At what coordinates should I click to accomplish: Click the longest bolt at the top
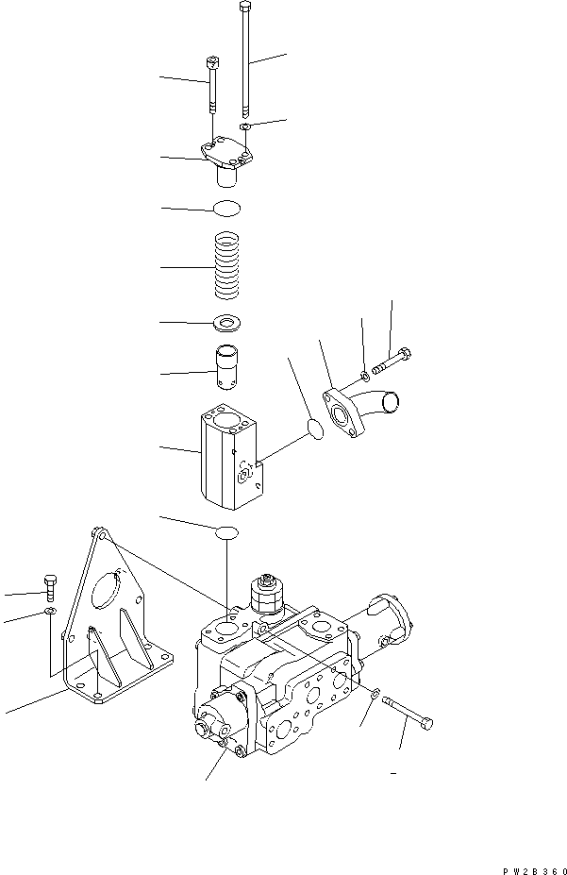point(247,57)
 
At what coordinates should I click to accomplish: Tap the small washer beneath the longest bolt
point(244,126)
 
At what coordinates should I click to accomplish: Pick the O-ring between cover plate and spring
point(226,208)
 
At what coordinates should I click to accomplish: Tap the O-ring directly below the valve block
point(227,533)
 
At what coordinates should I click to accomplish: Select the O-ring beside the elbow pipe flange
point(317,429)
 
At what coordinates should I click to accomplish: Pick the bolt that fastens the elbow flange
point(393,360)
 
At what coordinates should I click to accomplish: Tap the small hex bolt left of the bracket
point(49,586)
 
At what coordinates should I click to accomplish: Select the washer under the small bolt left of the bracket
point(50,614)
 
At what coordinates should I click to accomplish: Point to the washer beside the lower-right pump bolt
point(375,695)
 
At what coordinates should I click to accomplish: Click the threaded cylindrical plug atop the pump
point(267,596)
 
